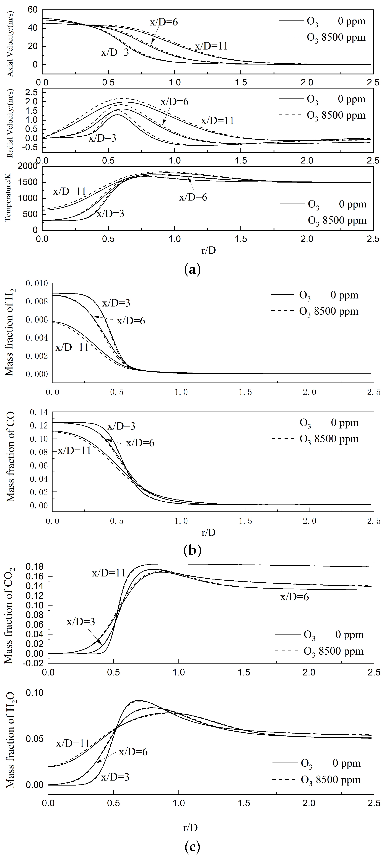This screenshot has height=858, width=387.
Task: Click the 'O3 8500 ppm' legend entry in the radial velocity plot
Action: tap(322, 116)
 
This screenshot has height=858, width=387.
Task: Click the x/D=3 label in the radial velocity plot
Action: tap(102, 138)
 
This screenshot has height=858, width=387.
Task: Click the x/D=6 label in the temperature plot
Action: tap(193, 197)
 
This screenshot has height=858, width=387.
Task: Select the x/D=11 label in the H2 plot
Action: tap(72, 347)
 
